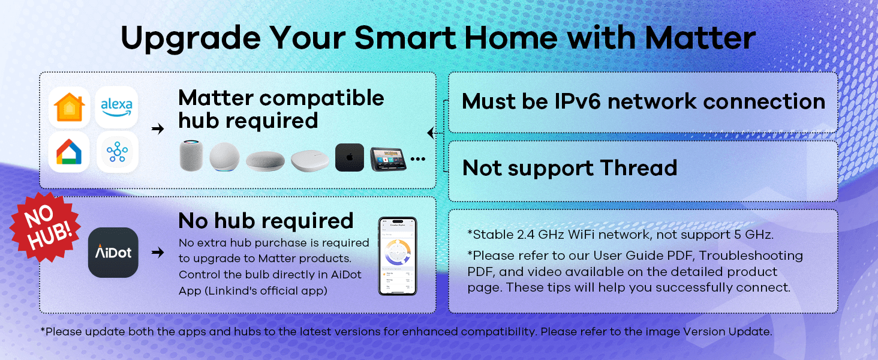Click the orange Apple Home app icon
[70, 107]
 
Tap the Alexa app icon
[116, 107]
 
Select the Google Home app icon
[69, 152]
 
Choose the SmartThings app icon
[117, 152]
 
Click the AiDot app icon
[113, 253]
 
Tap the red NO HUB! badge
[46, 227]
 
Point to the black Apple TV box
[350, 158]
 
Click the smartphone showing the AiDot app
[398, 256]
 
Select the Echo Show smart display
[388, 159]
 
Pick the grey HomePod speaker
[191, 155]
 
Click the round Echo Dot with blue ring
[224, 157]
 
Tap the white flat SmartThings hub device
[310, 161]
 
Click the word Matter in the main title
[700, 38]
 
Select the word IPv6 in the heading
[578, 101]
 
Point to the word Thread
[639, 168]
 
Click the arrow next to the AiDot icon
[158, 252]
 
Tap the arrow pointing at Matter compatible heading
[158, 128]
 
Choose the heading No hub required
[266, 221]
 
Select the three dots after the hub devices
[418, 159]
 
